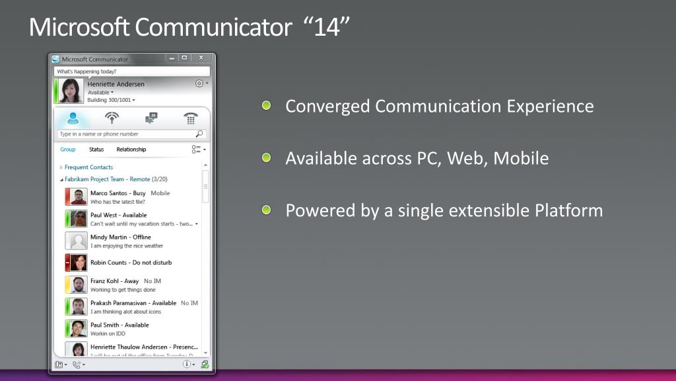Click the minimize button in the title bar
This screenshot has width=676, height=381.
tap(172, 58)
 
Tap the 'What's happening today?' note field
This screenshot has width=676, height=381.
tap(131, 71)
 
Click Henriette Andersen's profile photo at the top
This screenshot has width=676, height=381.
tap(71, 91)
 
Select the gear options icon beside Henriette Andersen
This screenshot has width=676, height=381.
tap(199, 84)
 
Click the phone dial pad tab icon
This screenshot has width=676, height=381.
tap(191, 118)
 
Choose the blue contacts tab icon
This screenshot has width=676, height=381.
tap(73, 118)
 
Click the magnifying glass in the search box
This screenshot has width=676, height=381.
tap(199, 134)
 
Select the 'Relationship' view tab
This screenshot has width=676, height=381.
tap(131, 149)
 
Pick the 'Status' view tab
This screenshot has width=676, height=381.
tap(96, 149)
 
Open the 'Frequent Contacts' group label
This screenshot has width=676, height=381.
tap(88, 167)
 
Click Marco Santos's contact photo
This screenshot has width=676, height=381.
tap(79, 197)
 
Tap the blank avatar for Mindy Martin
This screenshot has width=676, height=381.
tap(79, 241)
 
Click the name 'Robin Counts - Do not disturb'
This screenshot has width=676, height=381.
tap(131, 263)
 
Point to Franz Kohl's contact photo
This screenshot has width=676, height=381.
tap(79, 284)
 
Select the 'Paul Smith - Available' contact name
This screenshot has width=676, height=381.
tap(119, 325)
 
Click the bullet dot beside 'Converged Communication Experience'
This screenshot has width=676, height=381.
tap(266, 105)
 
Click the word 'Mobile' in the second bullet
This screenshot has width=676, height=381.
tap(522, 159)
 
